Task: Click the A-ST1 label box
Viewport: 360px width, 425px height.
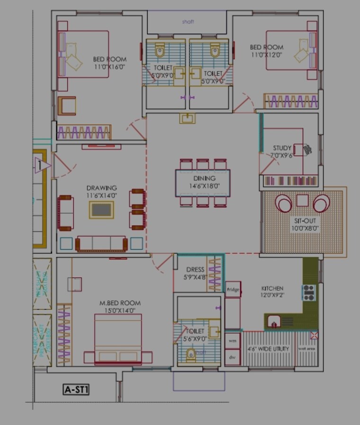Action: point(76,390)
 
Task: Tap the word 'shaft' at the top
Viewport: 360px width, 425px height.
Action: point(188,22)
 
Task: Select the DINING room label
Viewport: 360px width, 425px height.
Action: point(204,178)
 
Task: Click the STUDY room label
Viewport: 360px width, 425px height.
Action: point(282,148)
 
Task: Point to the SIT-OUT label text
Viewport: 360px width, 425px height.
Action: point(305,221)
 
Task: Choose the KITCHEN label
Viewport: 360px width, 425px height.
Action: point(272,288)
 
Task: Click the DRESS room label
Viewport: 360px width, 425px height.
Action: point(195,270)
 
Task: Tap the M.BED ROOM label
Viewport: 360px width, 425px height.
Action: point(120,303)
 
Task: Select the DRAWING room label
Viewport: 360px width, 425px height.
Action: point(101,188)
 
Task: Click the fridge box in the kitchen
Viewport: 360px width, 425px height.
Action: point(233,289)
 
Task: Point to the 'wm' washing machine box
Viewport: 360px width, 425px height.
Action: point(233,341)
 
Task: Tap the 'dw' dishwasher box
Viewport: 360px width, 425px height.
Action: point(233,357)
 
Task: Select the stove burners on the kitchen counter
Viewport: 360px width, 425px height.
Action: point(309,292)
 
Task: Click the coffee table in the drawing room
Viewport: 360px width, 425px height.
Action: point(101,210)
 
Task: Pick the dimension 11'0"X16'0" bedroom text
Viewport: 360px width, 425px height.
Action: point(110,67)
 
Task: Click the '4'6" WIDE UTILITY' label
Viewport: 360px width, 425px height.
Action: point(268,349)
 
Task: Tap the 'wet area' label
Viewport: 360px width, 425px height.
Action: point(307,349)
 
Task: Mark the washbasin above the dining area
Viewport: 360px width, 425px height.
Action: point(187,118)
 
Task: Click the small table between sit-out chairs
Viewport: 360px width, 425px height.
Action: point(302,201)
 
